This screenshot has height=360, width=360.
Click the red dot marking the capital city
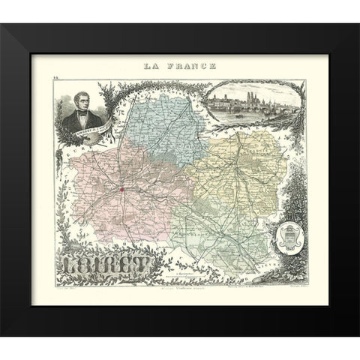point(121,190)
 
